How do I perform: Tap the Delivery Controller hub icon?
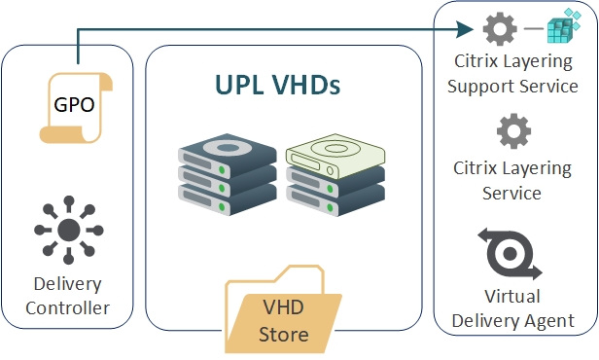(68, 231)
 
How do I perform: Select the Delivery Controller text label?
(67, 298)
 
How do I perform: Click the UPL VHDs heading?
(277, 86)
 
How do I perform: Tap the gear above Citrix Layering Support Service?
(501, 30)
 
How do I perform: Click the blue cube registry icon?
(563, 29)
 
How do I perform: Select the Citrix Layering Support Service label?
(516, 74)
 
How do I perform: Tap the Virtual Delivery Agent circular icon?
(509, 252)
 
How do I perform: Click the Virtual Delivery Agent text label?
(512, 307)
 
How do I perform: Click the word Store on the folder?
(284, 336)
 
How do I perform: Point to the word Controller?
(67, 309)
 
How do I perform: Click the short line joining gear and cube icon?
(531, 30)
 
